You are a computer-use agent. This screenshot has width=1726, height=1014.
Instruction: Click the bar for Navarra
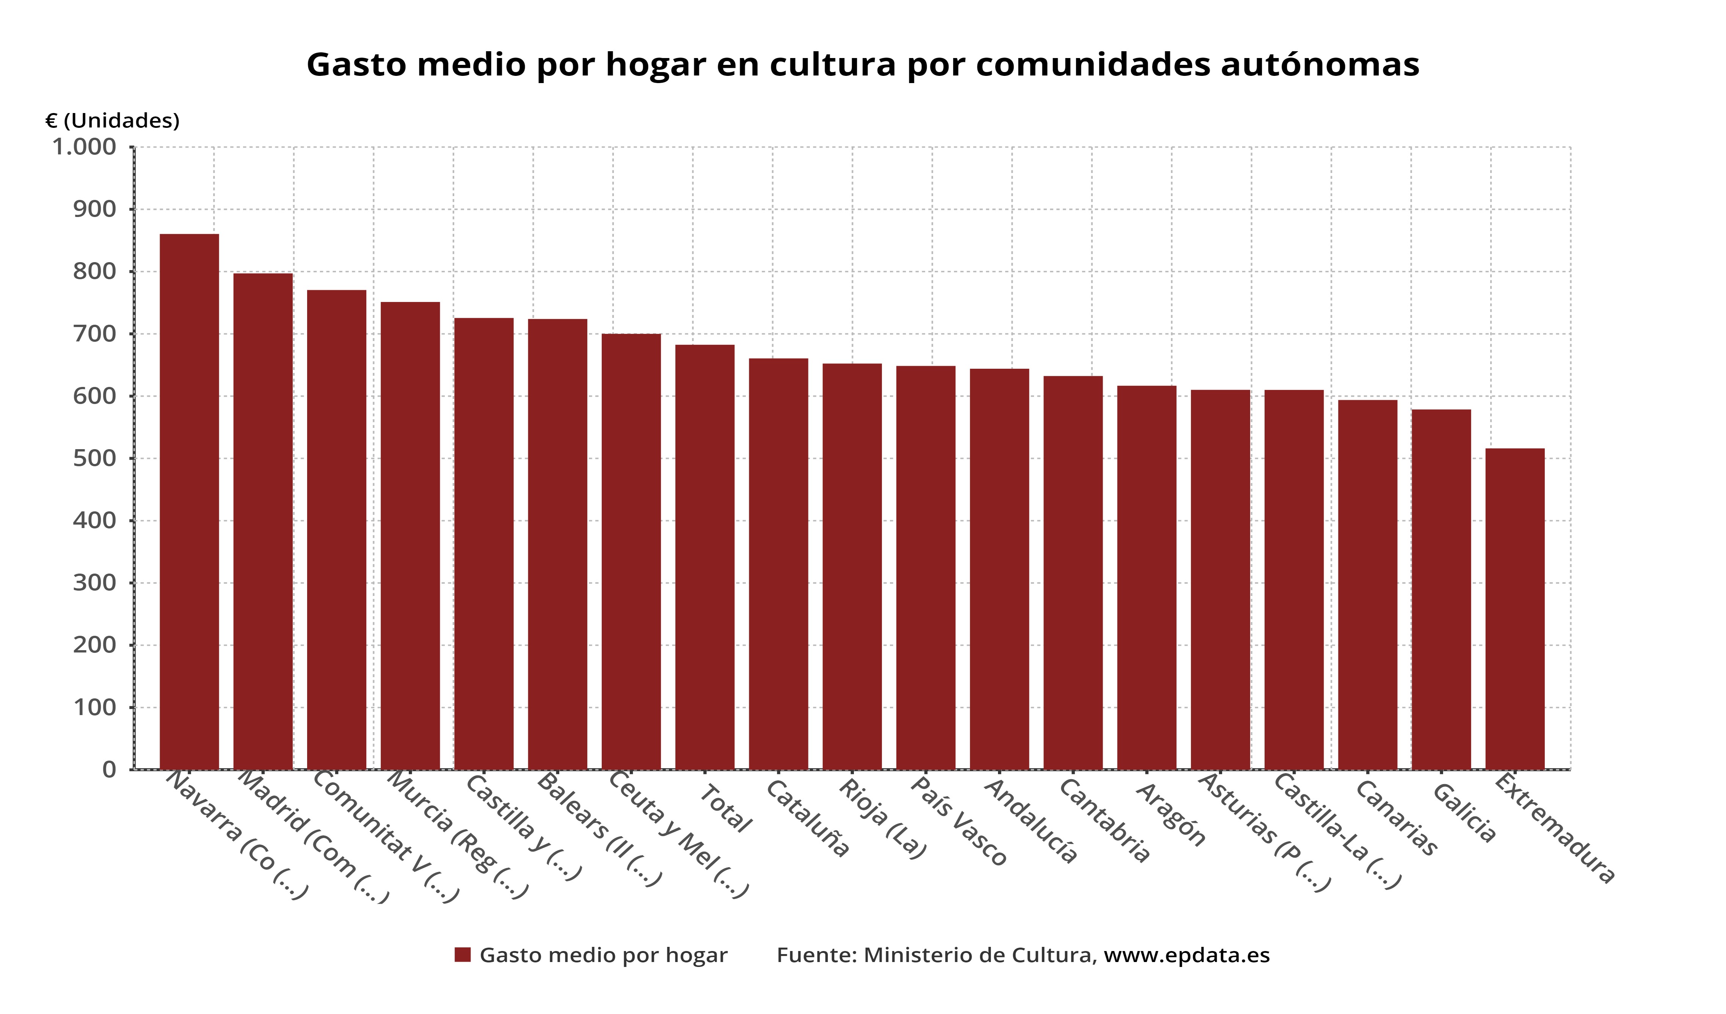coord(189,501)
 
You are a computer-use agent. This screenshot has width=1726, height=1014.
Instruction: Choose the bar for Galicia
coord(1441,589)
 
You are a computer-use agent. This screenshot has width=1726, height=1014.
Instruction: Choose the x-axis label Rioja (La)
coord(882,819)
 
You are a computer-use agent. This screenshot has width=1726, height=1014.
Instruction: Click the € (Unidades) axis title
coord(112,121)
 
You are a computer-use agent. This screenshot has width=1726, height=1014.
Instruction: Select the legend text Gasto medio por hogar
coord(603,955)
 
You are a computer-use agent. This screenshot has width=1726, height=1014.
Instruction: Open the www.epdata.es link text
coord(1186,955)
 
